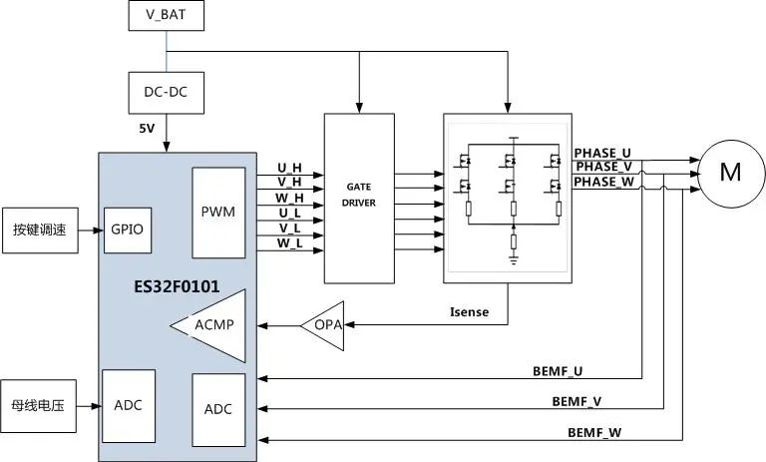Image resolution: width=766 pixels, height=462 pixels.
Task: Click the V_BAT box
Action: [165, 16]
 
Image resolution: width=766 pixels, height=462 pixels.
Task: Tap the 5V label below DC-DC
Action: [147, 129]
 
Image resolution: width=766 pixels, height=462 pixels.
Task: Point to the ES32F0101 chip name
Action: [177, 286]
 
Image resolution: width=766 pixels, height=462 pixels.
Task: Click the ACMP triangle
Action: [212, 324]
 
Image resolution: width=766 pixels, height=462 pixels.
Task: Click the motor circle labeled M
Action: [730, 172]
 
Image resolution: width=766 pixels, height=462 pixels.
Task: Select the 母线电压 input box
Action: [39, 406]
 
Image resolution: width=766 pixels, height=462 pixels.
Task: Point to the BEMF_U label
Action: [558, 371]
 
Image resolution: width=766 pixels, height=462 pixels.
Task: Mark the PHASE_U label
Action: [602, 153]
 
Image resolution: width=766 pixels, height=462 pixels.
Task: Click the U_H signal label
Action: [289, 168]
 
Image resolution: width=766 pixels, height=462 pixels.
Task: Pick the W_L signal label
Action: [289, 242]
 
